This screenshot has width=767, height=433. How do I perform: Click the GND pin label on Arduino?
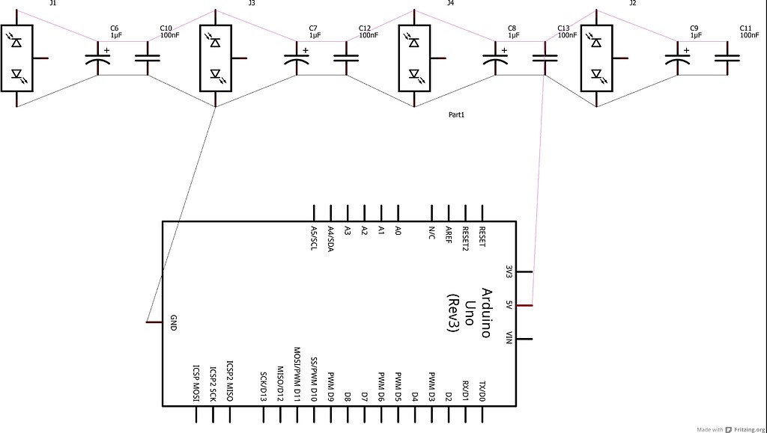[173, 322]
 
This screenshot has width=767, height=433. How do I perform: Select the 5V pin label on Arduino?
[508, 305]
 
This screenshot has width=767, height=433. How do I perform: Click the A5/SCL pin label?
[313, 239]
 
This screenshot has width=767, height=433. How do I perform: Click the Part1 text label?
[456, 114]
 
